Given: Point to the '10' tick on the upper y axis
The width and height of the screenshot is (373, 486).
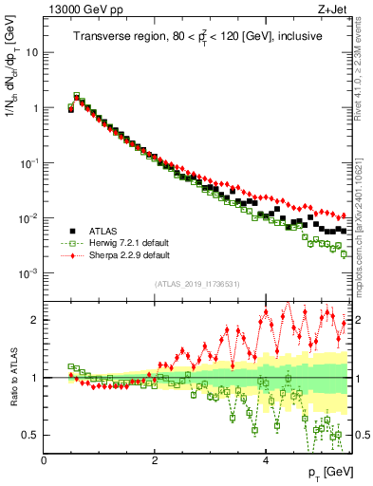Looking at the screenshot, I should [31, 52].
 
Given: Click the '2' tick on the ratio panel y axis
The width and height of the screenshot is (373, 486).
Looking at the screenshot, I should [36, 320].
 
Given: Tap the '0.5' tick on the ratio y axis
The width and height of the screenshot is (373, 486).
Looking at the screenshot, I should [31, 435].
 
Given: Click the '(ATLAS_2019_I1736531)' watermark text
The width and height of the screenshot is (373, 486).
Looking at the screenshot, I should [197, 285].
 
